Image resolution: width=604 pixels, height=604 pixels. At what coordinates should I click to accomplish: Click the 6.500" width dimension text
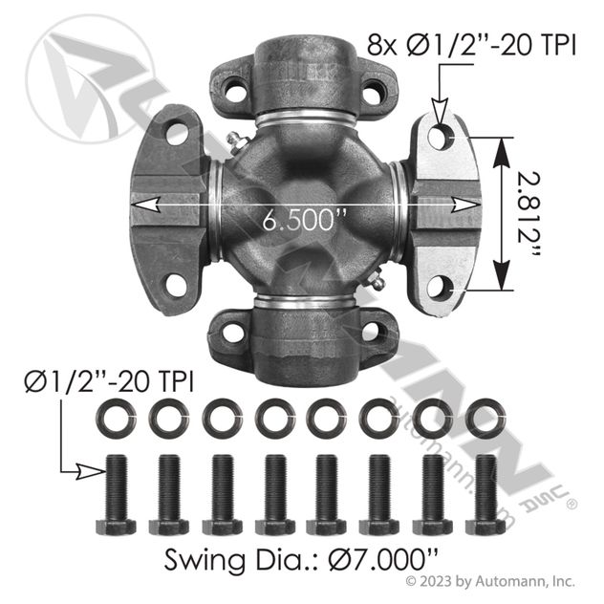(x=304, y=221)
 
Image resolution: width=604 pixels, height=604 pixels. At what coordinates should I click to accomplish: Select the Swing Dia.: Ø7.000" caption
(x=301, y=560)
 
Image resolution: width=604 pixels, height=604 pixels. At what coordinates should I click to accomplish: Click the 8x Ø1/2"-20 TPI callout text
(x=471, y=45)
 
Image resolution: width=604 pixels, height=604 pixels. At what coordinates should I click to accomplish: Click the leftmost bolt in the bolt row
(x=116, y=495)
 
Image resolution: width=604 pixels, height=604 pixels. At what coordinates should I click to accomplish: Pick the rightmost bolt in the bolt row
(x=485, y=495)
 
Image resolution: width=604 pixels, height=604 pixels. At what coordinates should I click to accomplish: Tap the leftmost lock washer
(x=116, y=419)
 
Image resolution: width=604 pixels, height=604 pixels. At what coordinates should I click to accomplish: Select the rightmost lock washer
(x=485, y=419)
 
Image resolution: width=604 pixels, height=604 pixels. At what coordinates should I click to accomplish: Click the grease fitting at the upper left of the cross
(x=237, y=143)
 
